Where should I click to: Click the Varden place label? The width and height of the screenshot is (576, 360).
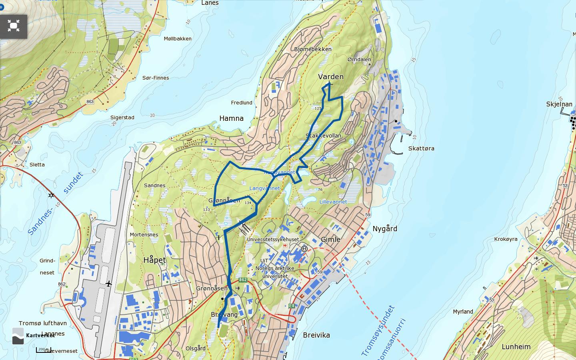click(330, 76)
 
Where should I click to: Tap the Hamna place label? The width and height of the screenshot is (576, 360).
click(231, 118)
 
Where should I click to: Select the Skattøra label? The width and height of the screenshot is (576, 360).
click(421, 148)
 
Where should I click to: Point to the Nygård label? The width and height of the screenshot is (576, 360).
click(385, 229)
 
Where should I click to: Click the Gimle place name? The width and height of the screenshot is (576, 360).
click(330, 239)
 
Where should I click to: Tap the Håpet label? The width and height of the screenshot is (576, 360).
click(154, 260)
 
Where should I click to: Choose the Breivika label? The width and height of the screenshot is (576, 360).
click(316, 335)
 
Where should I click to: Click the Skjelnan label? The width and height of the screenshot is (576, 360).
click(559, 104)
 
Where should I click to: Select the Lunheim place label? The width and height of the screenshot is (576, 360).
click(516, 347)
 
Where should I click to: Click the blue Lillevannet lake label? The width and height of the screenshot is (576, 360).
click(333, 202)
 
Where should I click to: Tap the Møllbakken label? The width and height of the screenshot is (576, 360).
click(178, 39)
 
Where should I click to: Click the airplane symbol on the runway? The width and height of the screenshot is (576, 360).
click(108, 284)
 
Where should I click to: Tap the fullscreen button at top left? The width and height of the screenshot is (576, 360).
click(14, 26)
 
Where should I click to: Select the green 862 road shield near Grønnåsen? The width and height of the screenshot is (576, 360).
click(242, 280)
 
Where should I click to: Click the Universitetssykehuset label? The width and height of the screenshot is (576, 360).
click(273, 240)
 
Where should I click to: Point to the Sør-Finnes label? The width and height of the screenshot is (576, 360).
click(156, 78)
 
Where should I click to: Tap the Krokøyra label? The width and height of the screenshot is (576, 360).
click(506, 239)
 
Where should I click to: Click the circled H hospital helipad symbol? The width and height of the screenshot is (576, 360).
click(304, 249)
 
